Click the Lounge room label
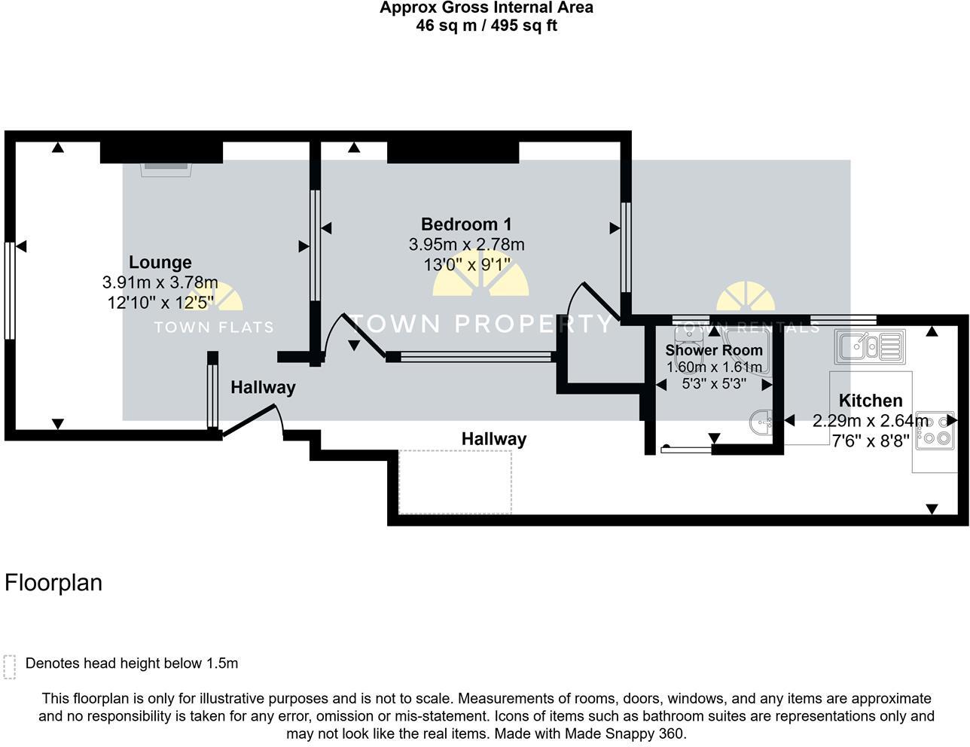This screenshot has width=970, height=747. (x=160, y=262)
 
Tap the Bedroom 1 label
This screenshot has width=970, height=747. (x=466, y=224)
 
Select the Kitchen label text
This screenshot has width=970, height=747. (x=870, y=401)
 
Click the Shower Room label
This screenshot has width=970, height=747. (x=713, y=350)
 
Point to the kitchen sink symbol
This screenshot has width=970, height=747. (x=869, y=346)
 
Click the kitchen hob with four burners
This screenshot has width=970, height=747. (x=935, y=430)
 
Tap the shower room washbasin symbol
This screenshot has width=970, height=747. (x=761, y=422)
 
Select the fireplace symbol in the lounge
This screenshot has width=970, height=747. (x=166, y=168)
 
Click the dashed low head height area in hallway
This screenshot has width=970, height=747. (x=455, y=481)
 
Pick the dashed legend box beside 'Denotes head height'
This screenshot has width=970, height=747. (x=10, y=666)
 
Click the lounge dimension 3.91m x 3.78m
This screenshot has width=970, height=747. (x=160, y=282)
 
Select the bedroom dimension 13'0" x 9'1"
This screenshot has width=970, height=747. (x=466, y=265)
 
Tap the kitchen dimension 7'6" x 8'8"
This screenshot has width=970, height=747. (x=870, y=441)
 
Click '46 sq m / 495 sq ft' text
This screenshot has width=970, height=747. (x=486, y=26)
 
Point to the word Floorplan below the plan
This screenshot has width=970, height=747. (x=53, y=583)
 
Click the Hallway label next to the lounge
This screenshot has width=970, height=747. (x=263, y=387)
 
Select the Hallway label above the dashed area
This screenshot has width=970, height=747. (x=493, y=438)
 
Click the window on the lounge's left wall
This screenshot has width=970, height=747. (x=10, y=291)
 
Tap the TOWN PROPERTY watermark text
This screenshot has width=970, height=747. (x=482, y=324)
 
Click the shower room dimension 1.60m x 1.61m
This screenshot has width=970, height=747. (x=714, y=367)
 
